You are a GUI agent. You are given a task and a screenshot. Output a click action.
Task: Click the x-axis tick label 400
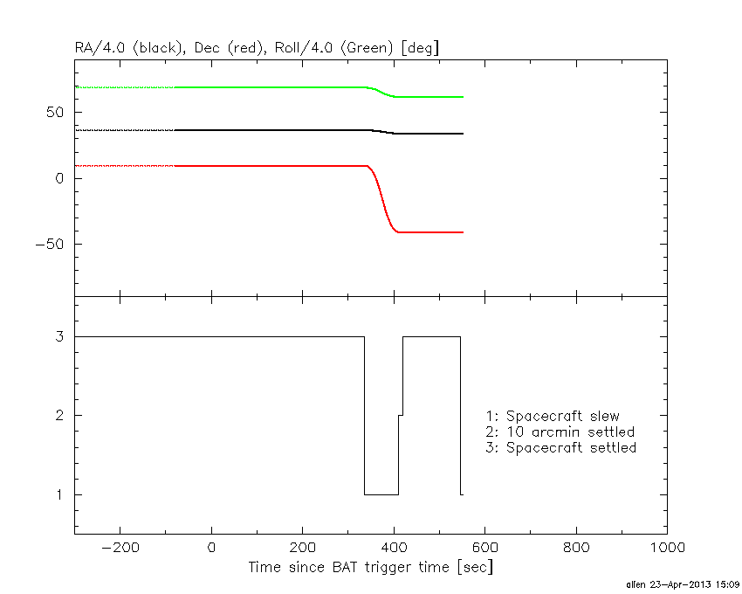click(394, 547)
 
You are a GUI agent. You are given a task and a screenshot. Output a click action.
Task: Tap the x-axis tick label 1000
click(667, 547)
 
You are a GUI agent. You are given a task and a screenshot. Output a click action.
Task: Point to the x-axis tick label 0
click(211, 547)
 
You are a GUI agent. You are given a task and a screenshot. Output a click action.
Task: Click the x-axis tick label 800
click(576, 547)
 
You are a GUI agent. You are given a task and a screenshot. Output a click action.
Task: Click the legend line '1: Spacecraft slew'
click(552, 416)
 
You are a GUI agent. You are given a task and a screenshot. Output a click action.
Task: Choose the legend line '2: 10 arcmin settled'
click(560, 432)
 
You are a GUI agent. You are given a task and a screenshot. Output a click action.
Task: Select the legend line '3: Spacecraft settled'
click(560, 447)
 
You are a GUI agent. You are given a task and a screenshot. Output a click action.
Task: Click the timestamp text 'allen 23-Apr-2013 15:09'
click(683, 584)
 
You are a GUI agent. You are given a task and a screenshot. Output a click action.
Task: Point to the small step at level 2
click(401, 415)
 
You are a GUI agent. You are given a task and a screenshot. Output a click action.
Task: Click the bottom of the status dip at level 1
click(381, 494)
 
